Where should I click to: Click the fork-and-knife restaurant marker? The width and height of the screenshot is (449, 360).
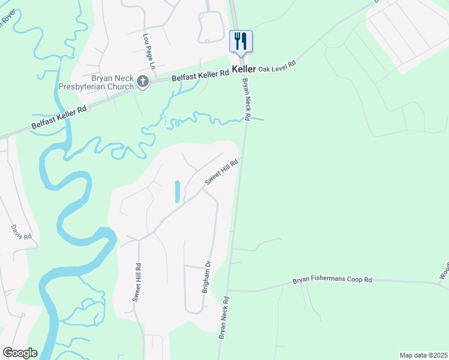(x=241, y=41)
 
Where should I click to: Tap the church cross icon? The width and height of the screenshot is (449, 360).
(x=143, y=82)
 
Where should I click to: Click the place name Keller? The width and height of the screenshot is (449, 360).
(x=244, y=70)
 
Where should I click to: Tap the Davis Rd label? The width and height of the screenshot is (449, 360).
(x=20, y=233)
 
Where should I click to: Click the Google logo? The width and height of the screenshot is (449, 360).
(x=20, y=352)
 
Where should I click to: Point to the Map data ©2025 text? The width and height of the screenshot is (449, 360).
(x=423, y=355)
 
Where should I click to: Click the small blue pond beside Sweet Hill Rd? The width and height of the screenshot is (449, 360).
(x=177, y=191)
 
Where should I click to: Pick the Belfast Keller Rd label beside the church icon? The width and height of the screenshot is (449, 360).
(x=200, y=75)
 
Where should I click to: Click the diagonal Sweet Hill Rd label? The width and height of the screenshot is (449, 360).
(x=221, y=172)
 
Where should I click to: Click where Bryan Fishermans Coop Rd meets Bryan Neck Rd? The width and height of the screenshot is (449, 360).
(x=228, y=291)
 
